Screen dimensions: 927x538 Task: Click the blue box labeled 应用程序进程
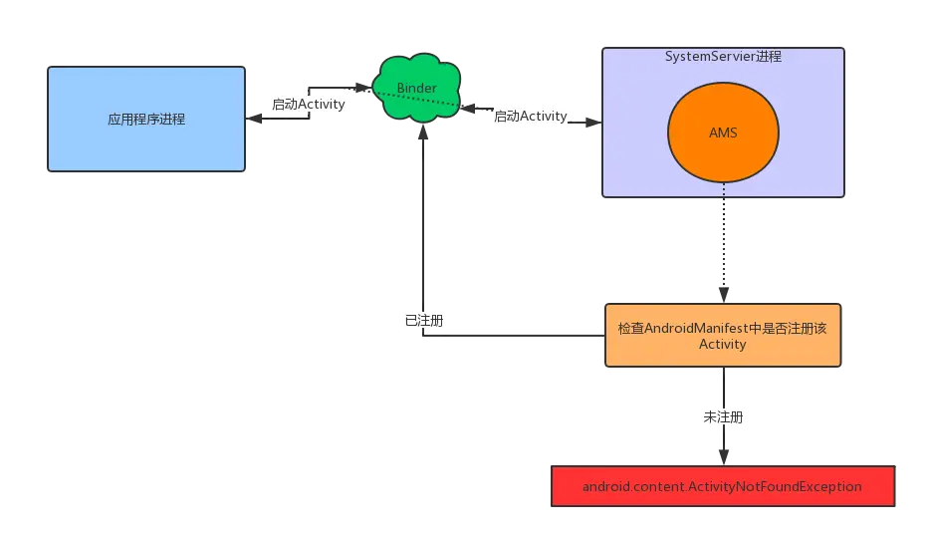tap(146, 119)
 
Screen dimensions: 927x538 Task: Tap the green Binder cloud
tap(417, 88)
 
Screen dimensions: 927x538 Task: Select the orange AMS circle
tap(723, 132)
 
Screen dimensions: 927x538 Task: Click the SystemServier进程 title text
tap(723, 56)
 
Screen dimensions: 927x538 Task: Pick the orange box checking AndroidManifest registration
tap(723, 335)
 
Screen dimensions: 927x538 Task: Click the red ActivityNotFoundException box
tap(723, 486)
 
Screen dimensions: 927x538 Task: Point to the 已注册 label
tap(424, 320)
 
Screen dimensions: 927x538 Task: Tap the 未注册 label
tap(723, 417)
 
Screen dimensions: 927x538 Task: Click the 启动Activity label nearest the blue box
tap(308, 105)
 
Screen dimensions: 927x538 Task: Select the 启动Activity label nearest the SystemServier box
tap(531, 116)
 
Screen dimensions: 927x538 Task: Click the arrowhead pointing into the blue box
tap(254, 119)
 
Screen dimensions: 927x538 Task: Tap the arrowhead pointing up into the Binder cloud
tap(423, 132)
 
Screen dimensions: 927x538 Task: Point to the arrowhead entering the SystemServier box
tap(593, 123)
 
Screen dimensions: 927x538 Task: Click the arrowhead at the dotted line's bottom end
tap(724, 295)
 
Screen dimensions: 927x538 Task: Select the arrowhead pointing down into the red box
tap(724, 457)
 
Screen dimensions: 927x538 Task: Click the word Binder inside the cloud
tap(417, 88)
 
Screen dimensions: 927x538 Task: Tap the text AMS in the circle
tap(723, 133)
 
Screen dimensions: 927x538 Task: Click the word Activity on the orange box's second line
tap(723, 344)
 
